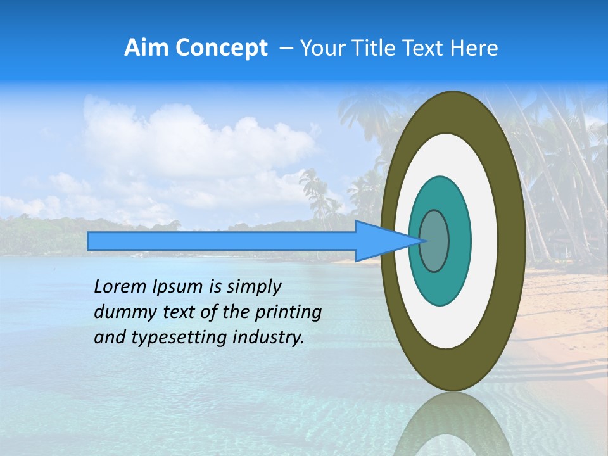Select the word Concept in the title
click(x=221, y=49)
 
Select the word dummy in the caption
click(x=122, y=312)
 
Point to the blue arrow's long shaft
click(x=222, y=241)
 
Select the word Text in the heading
click(x=431, y=48)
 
